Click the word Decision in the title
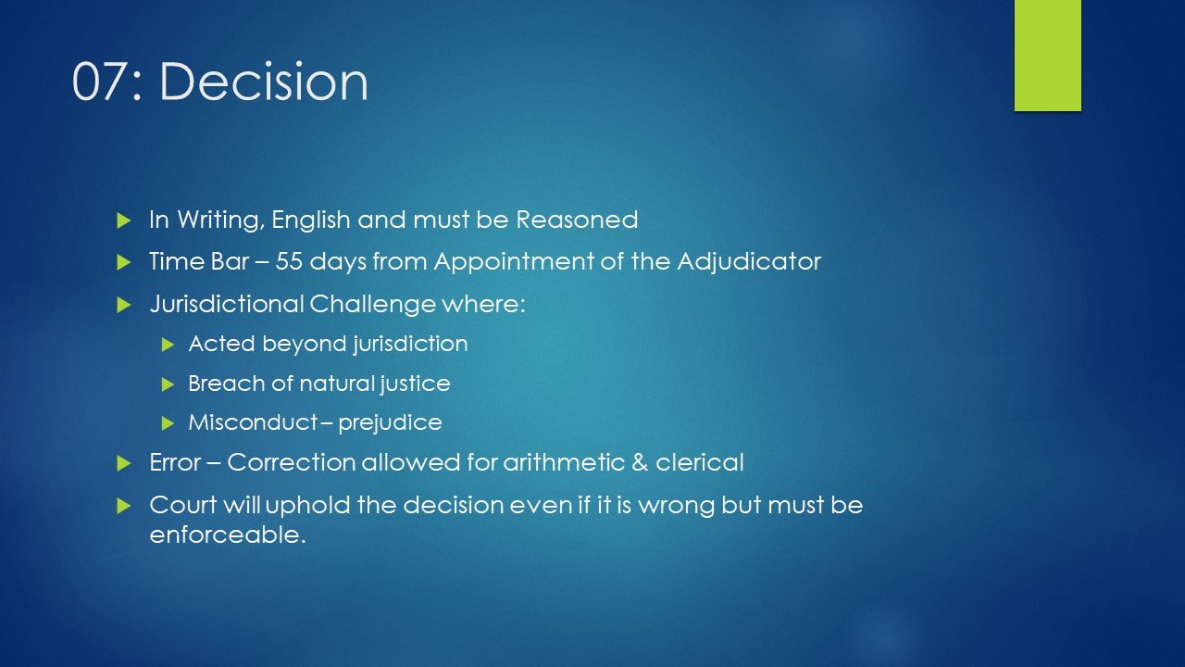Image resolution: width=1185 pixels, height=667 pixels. (264, 81)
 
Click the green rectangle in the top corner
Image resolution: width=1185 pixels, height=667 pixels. (1047, 55)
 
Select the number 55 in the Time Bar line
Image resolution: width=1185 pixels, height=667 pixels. (288, 261)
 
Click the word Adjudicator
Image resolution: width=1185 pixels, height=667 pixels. (749, 262)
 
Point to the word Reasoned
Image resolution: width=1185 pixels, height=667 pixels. (577, 220)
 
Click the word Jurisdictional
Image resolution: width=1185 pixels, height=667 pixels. (226, 305)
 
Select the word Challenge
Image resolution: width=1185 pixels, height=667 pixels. (372, 305)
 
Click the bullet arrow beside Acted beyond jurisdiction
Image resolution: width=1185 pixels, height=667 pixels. (168, 346)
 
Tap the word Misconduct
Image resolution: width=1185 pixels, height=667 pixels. (253, 422)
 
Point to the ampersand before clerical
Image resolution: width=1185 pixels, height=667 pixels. (640, 462)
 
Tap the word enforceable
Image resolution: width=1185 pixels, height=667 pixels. (228, 535)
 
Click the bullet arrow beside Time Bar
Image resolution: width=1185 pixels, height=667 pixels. (123, 262)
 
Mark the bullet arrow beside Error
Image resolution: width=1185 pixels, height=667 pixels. (123, 464)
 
